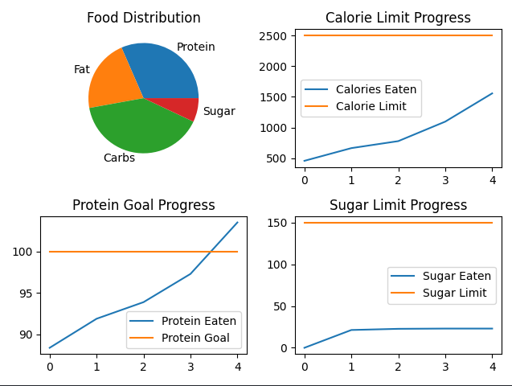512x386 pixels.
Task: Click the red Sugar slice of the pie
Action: (x=186, y=108)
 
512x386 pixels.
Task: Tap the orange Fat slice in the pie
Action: (x=109, y=81)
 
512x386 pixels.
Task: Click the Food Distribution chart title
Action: (x=144, y=18)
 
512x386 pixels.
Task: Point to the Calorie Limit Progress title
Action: (x=398, y=18)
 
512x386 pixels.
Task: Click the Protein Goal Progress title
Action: (x=144, y=205)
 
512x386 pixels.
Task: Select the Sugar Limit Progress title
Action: (x=398, y=205)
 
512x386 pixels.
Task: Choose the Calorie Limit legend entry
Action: (x=371, y=106)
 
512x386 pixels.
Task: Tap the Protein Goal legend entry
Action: (x=195, y=338)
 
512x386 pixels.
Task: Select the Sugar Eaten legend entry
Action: (x=457, y=276)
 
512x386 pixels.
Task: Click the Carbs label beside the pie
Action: (x=119, y=158)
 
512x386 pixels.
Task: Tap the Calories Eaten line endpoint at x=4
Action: (x=493, y=93)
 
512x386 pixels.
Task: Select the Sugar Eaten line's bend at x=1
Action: (x=351, y=330)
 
